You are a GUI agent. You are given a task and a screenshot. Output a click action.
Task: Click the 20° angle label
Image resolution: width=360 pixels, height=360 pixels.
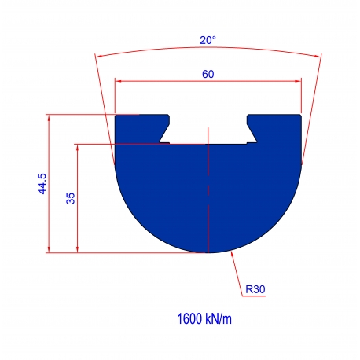pyautogui.click(x=208, y=40)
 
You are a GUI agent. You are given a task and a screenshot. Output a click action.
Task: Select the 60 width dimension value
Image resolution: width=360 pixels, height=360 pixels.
pyautogui.click(x=208, y=74)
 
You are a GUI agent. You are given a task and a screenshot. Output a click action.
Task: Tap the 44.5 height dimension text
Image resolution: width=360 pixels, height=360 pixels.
pyautogui.click(x=42, y=184)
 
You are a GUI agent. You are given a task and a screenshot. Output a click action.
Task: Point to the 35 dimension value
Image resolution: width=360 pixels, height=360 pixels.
pyautogui.click(x=71, y=198)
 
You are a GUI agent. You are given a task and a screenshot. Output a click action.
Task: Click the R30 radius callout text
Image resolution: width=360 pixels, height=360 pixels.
pyautogui.click(x=255, y=289)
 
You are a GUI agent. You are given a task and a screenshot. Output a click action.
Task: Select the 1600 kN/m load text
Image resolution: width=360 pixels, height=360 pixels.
pyautogui.click(x=204, y=319)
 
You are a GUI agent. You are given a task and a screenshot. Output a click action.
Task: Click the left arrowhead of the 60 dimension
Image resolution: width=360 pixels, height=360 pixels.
pyautogui.click(x=119, y=81)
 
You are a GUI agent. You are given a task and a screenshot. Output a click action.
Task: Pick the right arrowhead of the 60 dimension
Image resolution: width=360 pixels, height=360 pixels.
pyautogui.click(x=298, y=81)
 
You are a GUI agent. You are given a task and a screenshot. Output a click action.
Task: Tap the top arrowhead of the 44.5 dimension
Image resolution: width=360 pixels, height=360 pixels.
pyautogui.click(x=49, y=118)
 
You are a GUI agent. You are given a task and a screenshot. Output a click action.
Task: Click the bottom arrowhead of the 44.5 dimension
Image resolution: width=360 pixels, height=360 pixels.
pyautogui.click(x=49, y=249)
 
